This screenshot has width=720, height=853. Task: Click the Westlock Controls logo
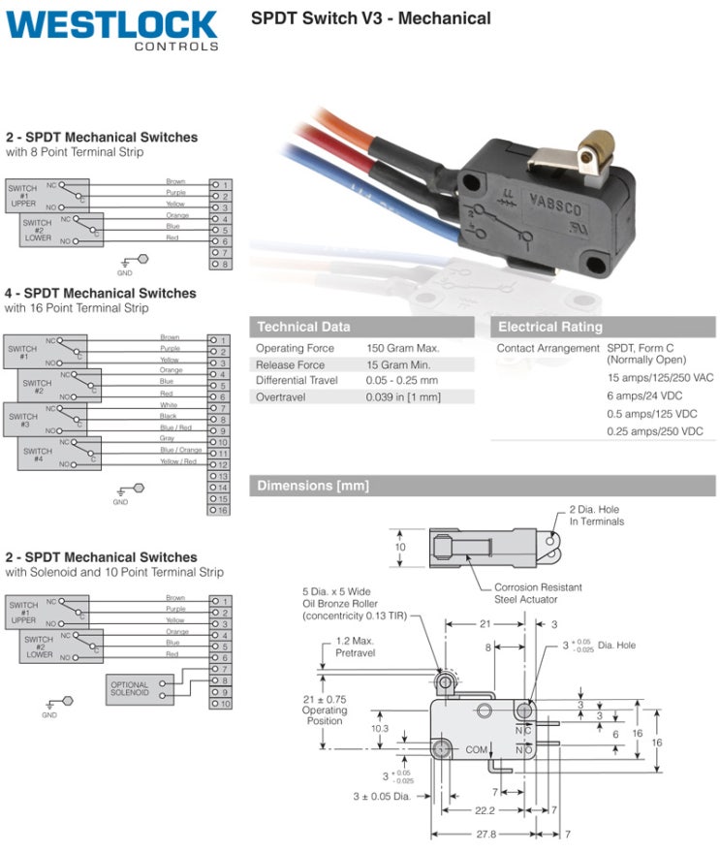click(112, 30)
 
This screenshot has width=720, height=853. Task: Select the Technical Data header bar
click(361, 327)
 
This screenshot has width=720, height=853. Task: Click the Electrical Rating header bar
click(603, 327)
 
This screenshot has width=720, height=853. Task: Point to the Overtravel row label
click(283, 396)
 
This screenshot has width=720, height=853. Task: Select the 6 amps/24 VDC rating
click(647, 395)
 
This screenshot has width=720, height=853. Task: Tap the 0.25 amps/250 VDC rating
click(655, 431)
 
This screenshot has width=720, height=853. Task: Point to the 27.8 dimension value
click(485, 834)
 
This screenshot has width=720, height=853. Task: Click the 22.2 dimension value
click(484, 810)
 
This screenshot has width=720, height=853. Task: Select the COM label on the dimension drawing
click(476, 749)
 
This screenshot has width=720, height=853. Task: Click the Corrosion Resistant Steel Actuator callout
click(539, 592)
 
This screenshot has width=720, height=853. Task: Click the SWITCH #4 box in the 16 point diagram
click(38, 456)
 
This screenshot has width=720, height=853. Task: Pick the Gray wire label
click(168, 438)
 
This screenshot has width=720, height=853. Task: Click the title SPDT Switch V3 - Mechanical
click(370, 18)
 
